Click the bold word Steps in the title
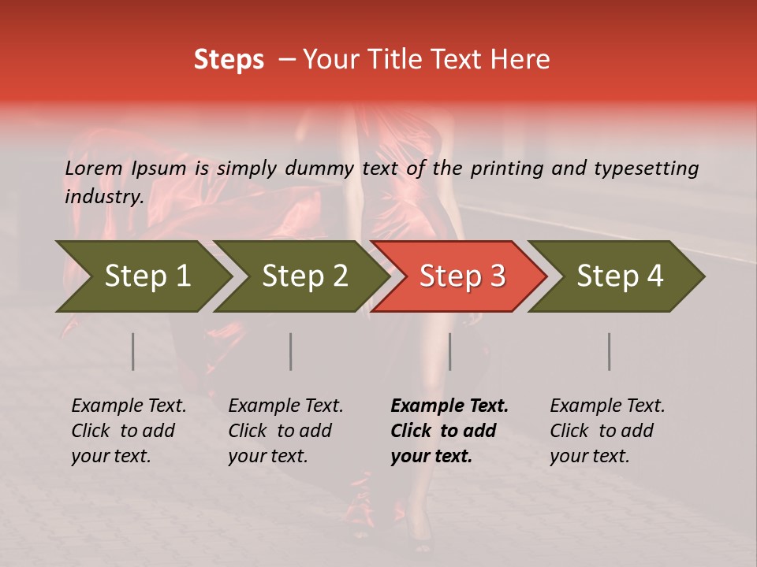229,60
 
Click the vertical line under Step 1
133,351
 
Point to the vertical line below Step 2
291,351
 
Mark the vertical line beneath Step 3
449,351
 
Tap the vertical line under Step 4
609,351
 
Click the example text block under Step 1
129,431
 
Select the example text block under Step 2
285,431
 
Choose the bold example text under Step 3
449,431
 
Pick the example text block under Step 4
607,431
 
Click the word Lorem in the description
94,168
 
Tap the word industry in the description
103,196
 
